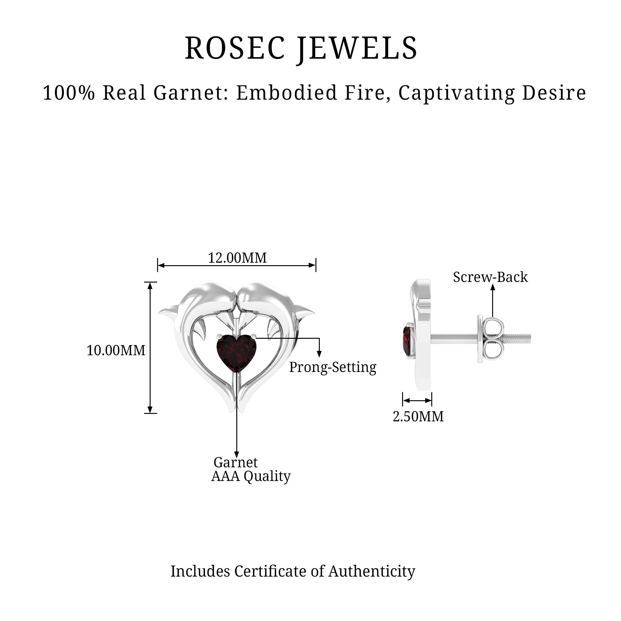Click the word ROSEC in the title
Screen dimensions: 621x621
(x=235, y=48)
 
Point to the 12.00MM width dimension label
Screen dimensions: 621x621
(x=237, y=258)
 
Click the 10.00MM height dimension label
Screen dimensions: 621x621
(x=116, y=350)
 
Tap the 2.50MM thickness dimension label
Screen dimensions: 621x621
(x=418, y=417)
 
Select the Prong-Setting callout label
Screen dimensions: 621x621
(x=333, y=367)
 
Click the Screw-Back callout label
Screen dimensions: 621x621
(x=490, y=277)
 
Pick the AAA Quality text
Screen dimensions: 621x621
(x=251, y=476)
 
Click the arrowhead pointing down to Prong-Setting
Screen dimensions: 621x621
(x=319, y=354)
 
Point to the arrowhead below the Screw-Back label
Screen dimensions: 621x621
(x=492, y=287)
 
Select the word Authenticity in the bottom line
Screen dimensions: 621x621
(x=372, y=571)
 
